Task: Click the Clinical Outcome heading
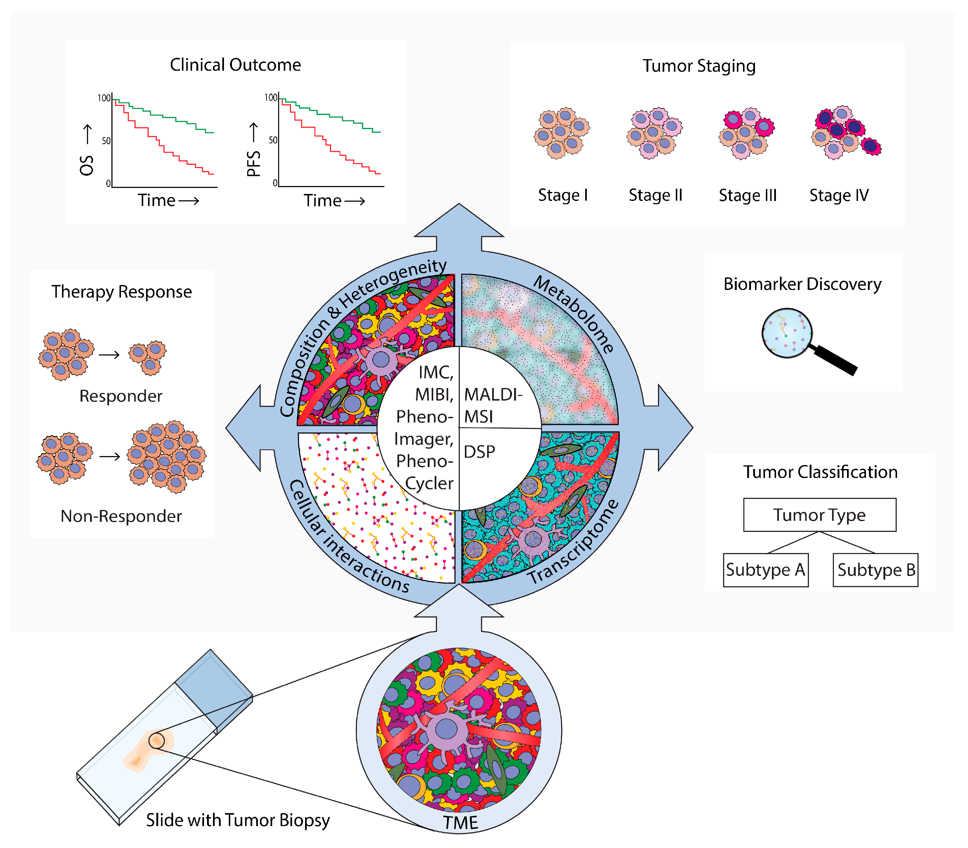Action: [x=235, y=65]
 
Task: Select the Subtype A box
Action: [x=765, y=570]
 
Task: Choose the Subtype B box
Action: [x=876, y=570]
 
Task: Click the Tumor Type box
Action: [x=819, y=515]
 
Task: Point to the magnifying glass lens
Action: [x=786, y=333]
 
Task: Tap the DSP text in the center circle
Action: [x=479, y=452]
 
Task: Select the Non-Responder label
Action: [x=121, y=516]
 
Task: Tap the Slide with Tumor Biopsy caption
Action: [x=238, y=820]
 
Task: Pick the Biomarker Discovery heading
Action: [x=802, y=284]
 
